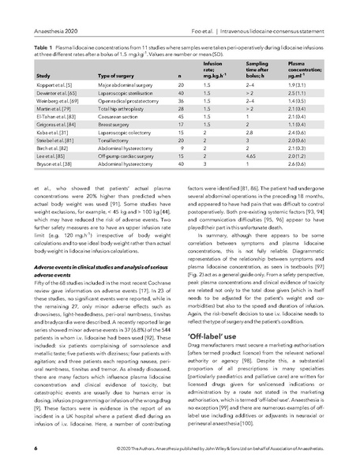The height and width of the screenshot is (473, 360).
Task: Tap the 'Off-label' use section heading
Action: coord(212,355)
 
